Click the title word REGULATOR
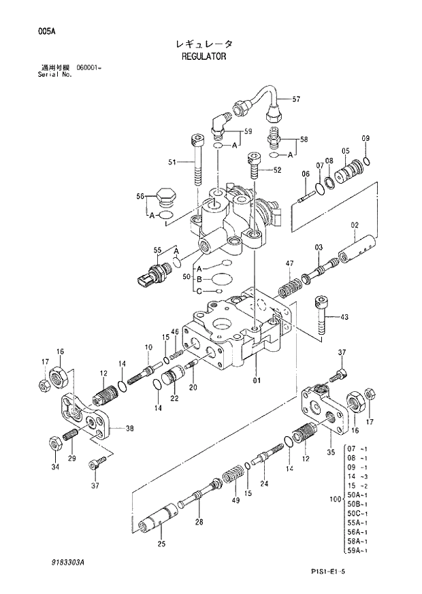coord(204,57)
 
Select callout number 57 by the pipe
coord(296,99)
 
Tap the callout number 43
coord(344,317)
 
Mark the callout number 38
coord(129,429)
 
